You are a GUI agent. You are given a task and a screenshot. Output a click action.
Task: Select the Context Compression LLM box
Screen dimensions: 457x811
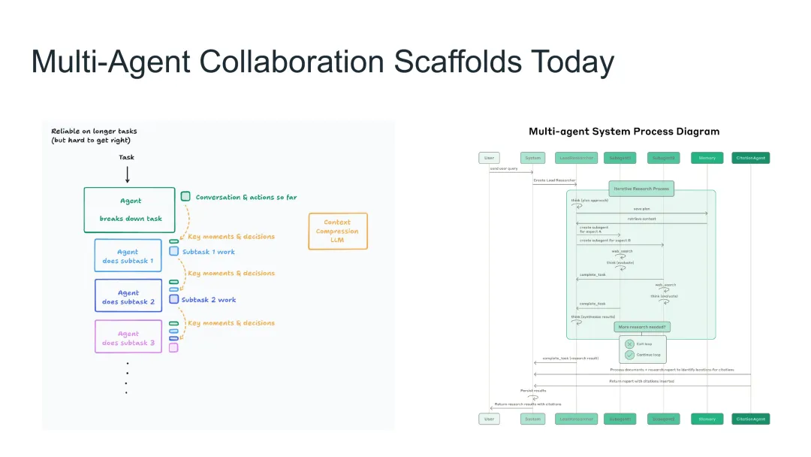click(x=338, y=232)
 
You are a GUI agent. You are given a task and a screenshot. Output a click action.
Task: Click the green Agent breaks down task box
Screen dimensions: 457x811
click(x=129, y=210)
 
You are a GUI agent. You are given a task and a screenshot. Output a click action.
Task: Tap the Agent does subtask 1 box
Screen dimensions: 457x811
click(x=128, y=256)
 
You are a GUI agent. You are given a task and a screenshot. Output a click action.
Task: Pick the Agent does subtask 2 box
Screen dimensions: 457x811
click(x=128, y=296)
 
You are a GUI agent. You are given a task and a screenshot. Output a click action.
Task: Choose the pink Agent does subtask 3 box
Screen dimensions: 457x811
click(x=128, y=337)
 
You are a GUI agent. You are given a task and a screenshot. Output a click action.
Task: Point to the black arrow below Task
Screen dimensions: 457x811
click(x=127, y=174)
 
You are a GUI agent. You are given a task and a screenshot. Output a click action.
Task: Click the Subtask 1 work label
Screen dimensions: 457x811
click(x=209, y=252)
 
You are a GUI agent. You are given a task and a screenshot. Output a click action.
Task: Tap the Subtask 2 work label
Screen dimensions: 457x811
click(x=209, y=300)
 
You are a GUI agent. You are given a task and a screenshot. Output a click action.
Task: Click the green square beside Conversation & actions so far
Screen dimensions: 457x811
click(x=185, y=196)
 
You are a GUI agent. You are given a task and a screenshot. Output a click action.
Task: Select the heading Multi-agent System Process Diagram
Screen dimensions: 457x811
click(x=624, y=132)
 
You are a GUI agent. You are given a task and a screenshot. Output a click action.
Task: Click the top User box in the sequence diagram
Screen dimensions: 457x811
click(x=490, y=158)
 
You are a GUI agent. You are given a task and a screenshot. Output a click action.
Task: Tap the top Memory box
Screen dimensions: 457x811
click(x=707, y=158)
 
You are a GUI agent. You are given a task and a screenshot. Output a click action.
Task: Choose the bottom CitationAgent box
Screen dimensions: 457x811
click(x=751, y=419)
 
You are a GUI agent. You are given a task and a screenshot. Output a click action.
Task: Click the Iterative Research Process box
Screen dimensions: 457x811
click(x=641, y=188)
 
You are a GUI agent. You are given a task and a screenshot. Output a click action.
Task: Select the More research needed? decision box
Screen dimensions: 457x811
click(x=642, y=327)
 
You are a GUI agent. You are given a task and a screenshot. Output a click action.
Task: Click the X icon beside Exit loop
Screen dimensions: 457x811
click(x=629, y=344)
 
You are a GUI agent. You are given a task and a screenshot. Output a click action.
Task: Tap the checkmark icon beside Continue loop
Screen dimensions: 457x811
click(x=629, y=355)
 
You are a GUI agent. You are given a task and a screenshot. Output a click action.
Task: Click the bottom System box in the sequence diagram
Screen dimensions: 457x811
click(x=533, y=419)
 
